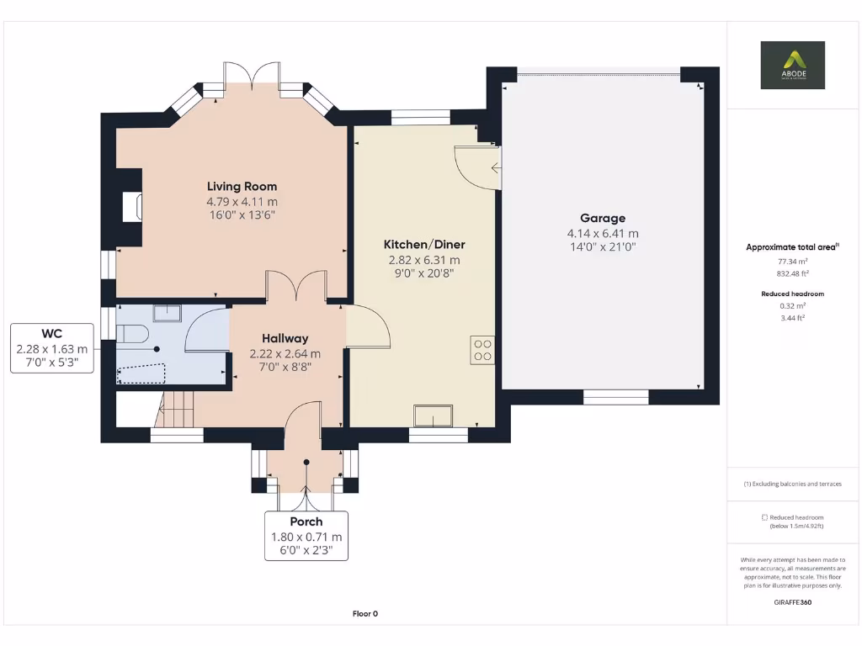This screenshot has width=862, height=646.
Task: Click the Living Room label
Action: point(242,187)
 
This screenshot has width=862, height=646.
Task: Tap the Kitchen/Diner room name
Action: point(424,245)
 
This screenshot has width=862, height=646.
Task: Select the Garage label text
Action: point(603,219)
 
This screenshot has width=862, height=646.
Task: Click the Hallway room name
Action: point(285,339)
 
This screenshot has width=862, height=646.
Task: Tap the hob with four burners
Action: point(483,349)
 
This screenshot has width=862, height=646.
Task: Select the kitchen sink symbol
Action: point(433,416)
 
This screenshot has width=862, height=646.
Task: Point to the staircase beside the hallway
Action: point(175,410)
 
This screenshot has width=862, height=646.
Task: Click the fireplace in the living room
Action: point(131,207)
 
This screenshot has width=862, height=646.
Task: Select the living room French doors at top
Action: point(252,74)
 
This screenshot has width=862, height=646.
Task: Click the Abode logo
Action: point(792,65)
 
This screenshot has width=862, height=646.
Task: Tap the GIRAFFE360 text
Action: point(792,602)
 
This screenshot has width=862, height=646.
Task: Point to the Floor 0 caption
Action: point(365,614)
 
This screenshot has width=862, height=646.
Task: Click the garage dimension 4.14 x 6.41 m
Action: point(603,234)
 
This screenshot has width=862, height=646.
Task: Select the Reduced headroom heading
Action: point(792,294)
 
